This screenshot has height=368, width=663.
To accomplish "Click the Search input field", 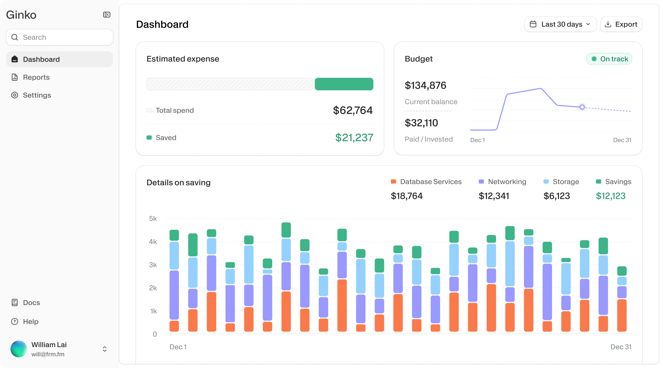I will coord(60,37).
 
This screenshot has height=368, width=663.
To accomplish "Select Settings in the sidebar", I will coord(37,95).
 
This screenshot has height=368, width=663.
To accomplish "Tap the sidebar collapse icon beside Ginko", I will coord(107,15).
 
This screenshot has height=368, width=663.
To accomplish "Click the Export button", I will coord(621,24).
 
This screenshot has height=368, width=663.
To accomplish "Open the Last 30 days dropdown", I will coord(560,24).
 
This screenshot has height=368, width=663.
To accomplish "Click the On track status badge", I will coord(609,59).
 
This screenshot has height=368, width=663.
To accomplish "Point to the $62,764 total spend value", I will coord(353,110).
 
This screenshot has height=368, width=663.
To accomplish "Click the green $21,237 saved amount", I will coord(354,138).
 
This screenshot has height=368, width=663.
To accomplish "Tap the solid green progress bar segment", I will coord(344,84).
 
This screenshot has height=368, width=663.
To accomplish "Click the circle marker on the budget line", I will coord(582,107).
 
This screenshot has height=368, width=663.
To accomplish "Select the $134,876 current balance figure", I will coord(425,85).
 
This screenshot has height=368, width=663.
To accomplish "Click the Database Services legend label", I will coord(430,181).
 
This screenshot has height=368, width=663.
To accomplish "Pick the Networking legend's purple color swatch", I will coord(481,181).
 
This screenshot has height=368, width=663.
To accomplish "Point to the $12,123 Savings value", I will coord(611,196).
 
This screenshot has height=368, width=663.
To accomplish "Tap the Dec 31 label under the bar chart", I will coord(621,347).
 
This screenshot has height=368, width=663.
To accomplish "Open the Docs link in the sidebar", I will coord(31,302).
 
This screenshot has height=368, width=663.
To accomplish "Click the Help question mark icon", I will coord(15,322).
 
